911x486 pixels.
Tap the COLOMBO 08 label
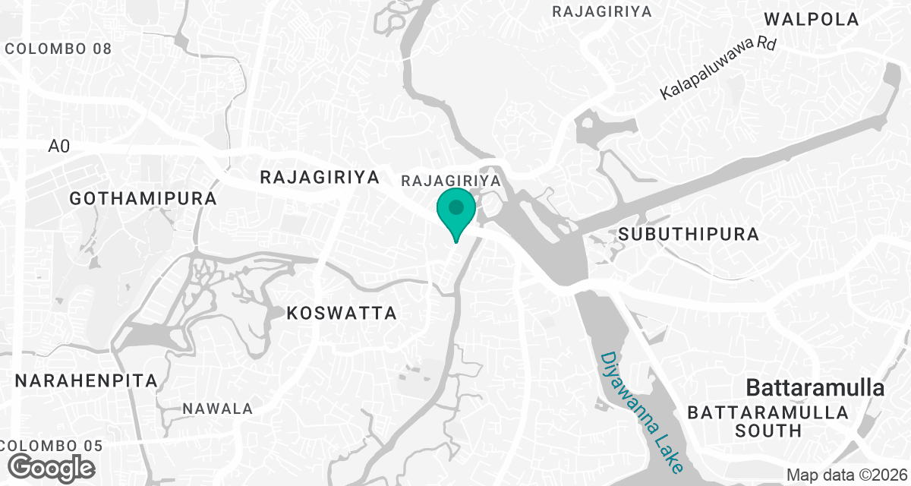[58, 49]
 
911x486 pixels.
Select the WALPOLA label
[812, 20]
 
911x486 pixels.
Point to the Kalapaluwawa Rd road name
[718, 69]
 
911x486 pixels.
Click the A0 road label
[59, 146]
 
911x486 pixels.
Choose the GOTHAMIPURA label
[143, 199]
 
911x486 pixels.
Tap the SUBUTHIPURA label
[689, 234]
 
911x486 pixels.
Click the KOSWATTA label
[342, 313]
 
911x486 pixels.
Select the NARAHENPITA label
[86, 380]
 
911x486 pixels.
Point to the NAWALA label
[218, 409]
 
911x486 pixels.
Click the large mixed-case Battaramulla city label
[815, 388]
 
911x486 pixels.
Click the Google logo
[52, 467]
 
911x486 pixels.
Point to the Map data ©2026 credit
[846, 475]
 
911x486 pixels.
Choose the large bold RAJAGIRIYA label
[319, 178]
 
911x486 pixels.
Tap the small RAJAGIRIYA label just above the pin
[451, 181]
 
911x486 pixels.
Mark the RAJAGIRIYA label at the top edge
[603, 11]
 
